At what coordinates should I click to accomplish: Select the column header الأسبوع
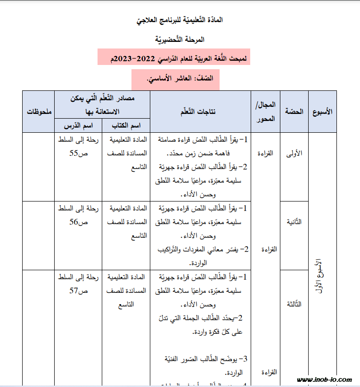pos(322,112)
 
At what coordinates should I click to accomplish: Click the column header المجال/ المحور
pos(265,112)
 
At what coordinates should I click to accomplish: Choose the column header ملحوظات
pos(39,112)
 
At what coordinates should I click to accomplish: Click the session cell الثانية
pos(294,222)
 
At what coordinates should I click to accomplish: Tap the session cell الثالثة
pos(294,304)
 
